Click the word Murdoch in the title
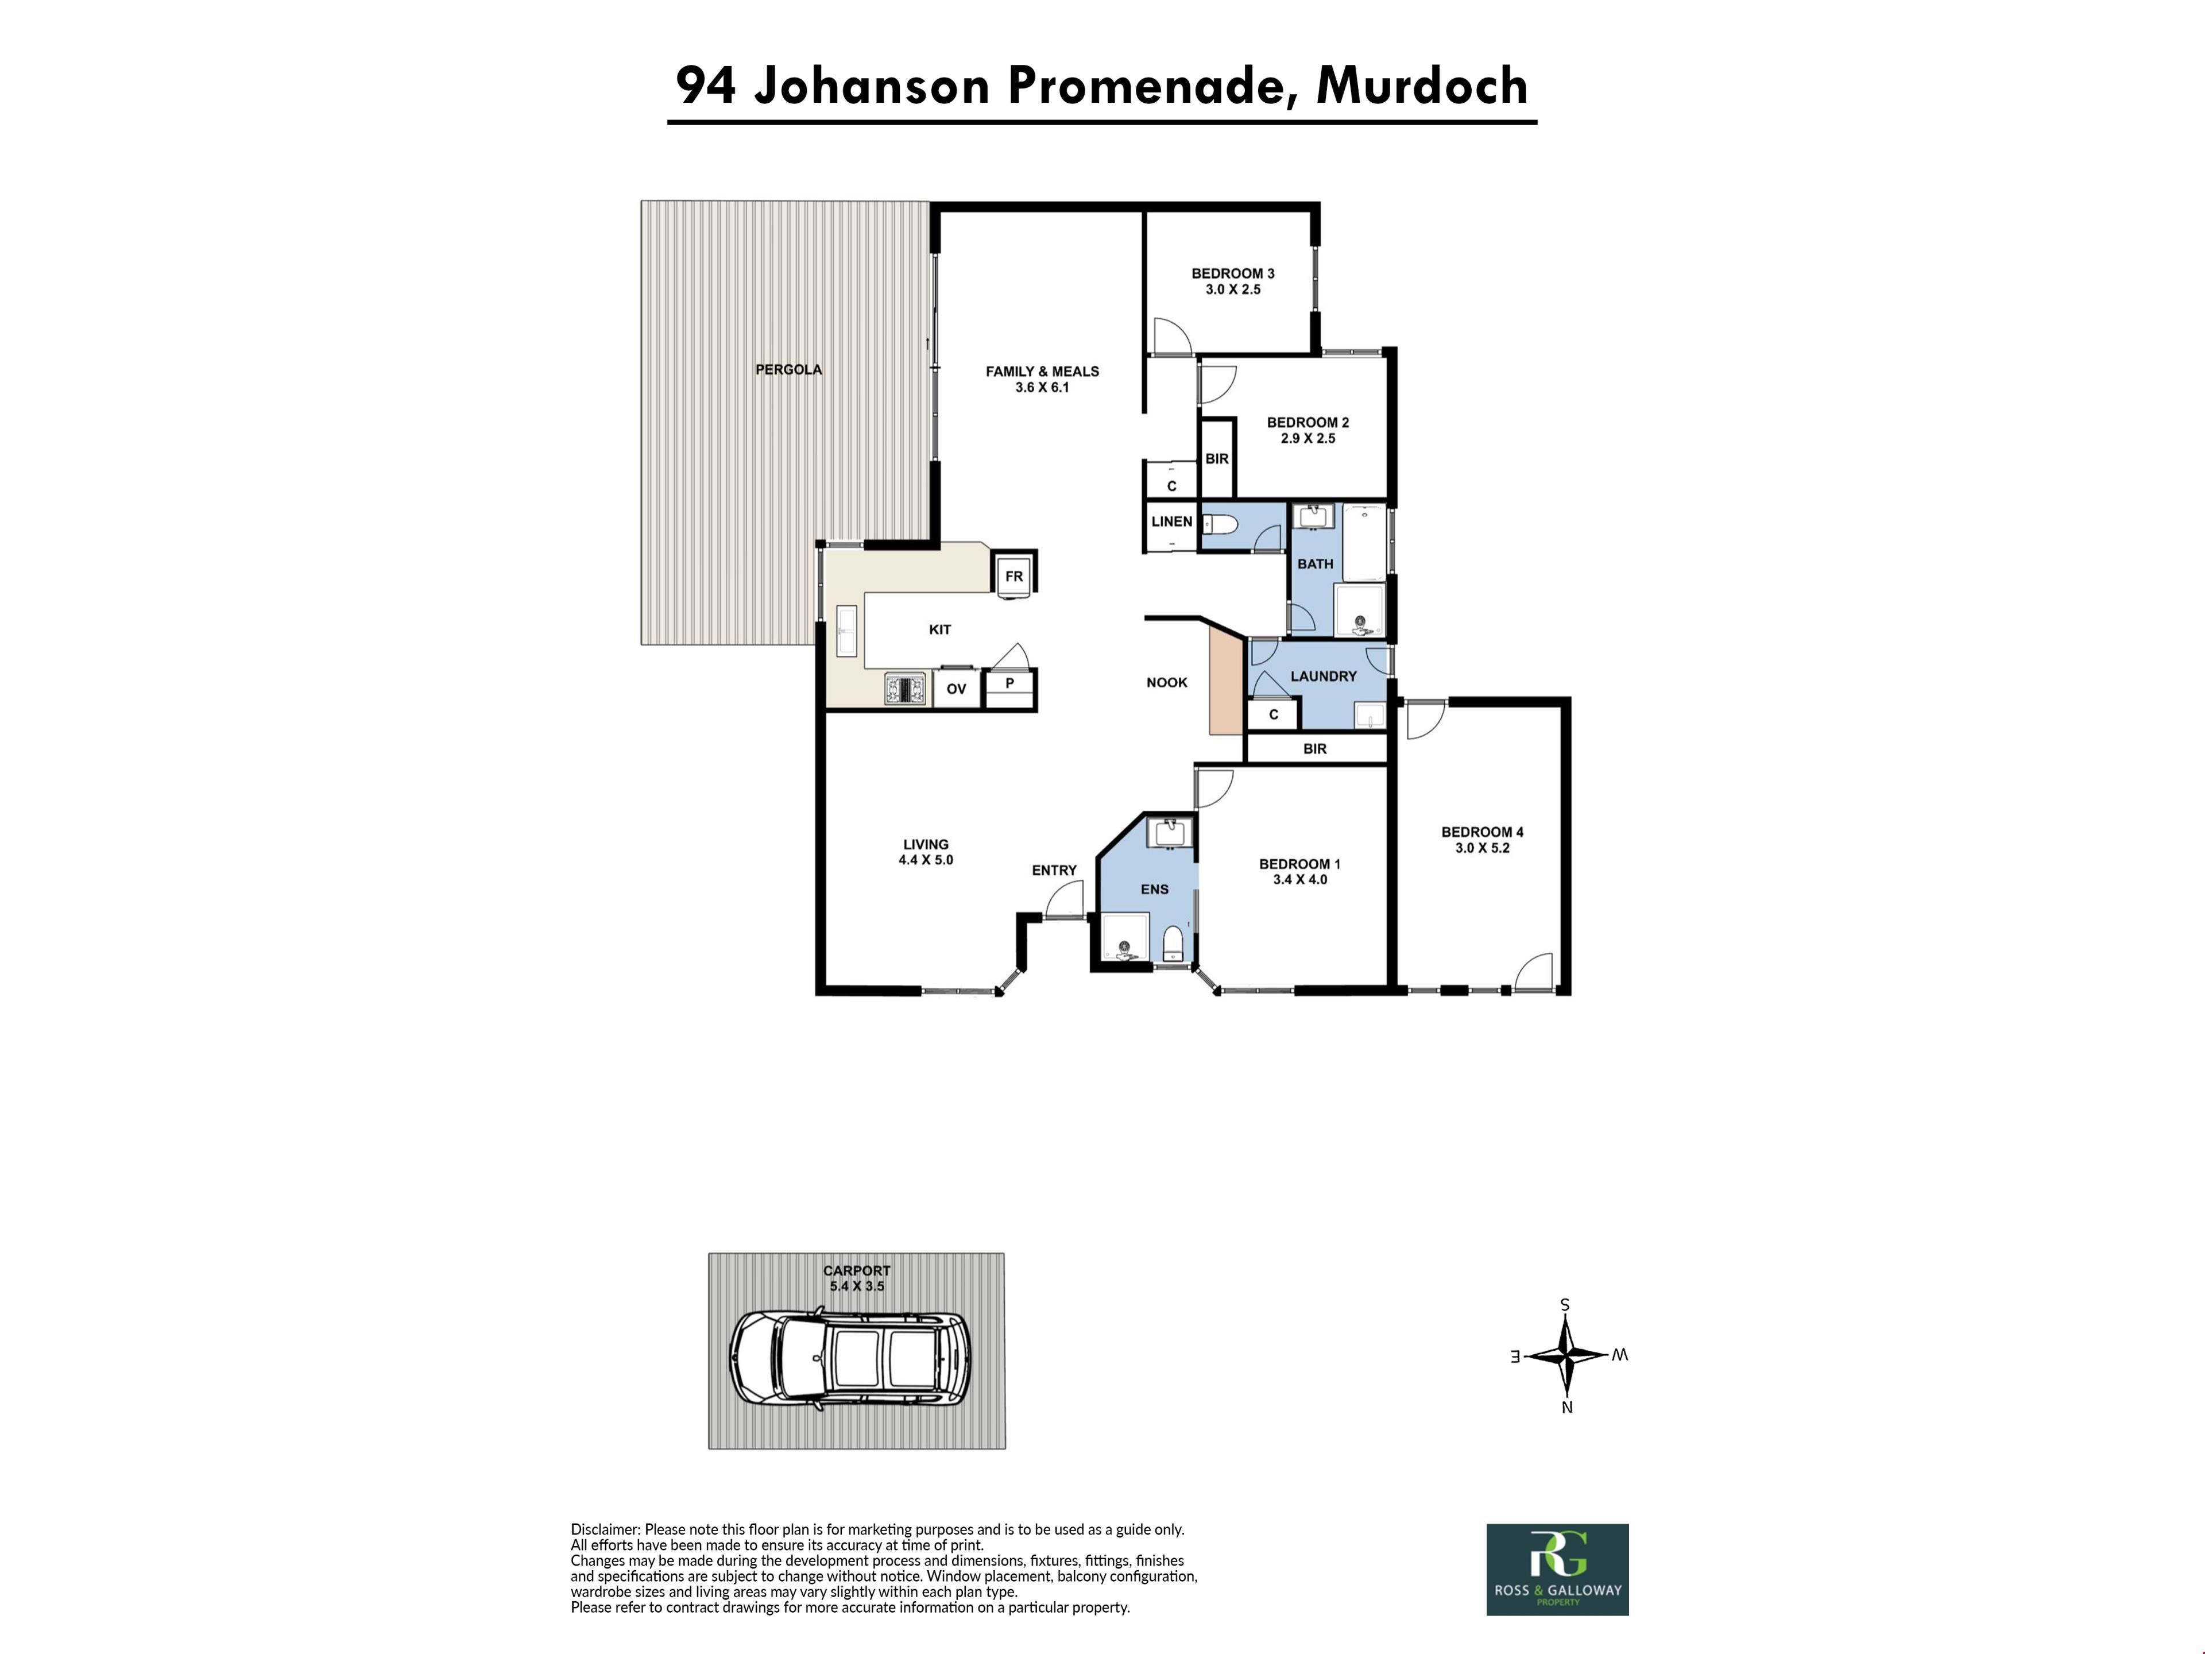click(x=1422, y=86)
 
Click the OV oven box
click(x=956, y=688)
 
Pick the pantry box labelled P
click(x=1010, y=686)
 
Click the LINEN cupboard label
click(x=1171, y=521)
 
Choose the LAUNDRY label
click(x=1324, y=676)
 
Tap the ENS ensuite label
click(x=1154, y=889)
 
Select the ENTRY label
click(x=1054, y=871)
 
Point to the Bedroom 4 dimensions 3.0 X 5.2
click(x=1482, y=848)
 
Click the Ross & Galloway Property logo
click(x=1557, y=1569)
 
